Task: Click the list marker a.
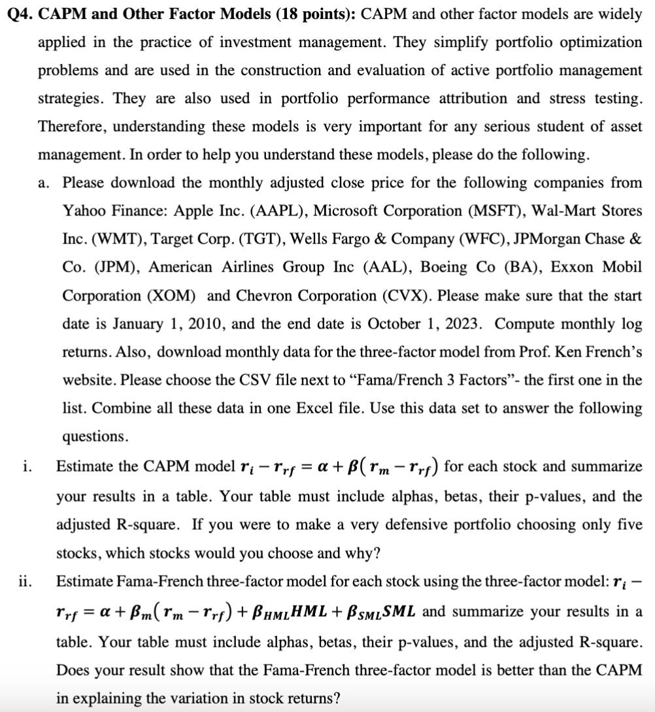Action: [43, 183]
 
